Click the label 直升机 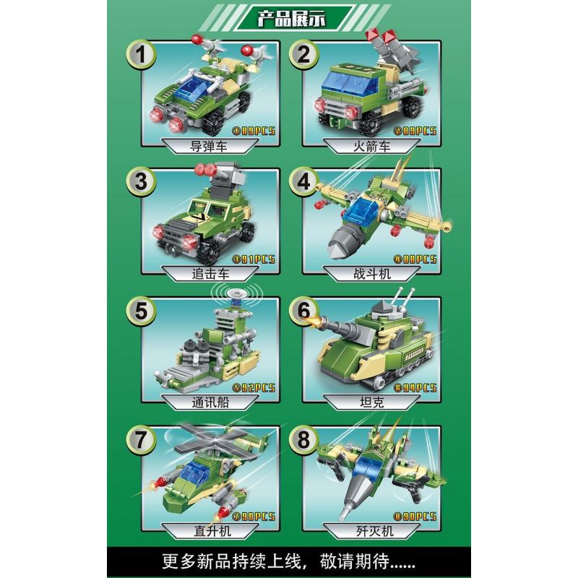(x=210, y=527)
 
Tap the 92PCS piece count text (x=254, y=387)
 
